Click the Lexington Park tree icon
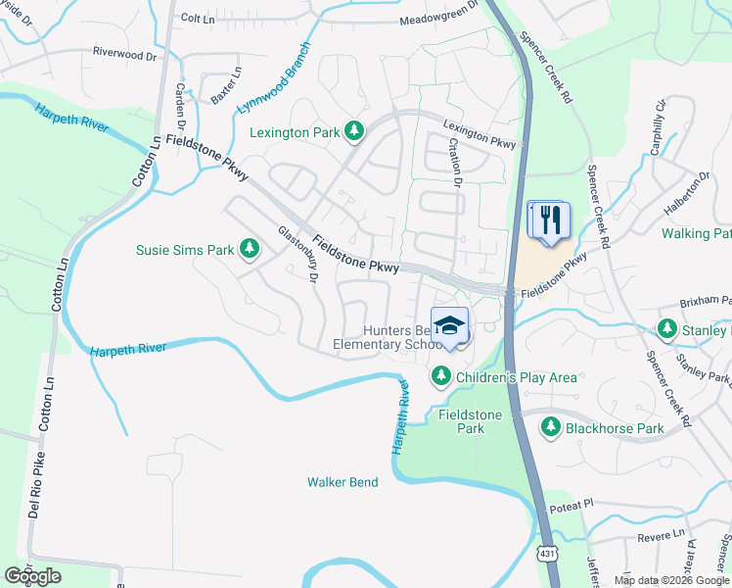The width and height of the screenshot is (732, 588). click(x=355, y=131)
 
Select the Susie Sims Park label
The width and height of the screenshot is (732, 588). click(x=185, y=250)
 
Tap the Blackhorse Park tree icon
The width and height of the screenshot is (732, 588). click(x=551, y=427)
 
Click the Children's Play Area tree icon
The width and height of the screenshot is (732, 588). click(x=441, y=376)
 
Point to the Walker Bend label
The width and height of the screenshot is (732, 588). click(x=341, y=481)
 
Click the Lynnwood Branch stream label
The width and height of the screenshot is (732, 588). click(x=275, y=76)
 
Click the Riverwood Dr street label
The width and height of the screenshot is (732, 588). click(x=124, y=54)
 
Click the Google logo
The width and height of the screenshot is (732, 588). click(x=33, y=576)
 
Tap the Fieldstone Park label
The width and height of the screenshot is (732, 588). click(x=470, y=421)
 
